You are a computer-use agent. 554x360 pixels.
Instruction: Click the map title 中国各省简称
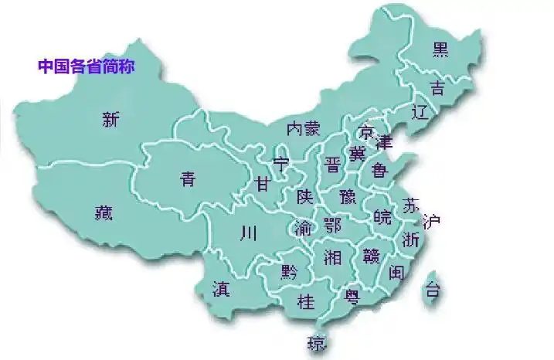point(87,66)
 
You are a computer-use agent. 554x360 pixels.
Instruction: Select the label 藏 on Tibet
point(104,210)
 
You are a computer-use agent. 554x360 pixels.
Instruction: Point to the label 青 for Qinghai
point(188,179)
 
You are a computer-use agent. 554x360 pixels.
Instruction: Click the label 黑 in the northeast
point(440,50)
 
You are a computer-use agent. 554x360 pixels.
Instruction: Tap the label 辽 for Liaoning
point(420,112)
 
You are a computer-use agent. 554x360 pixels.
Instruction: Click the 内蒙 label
point(303,128)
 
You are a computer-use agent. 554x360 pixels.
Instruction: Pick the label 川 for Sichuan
point(249,232)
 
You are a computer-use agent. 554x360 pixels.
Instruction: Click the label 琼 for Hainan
point(315,342)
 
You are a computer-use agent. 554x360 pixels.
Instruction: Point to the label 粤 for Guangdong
point(352,296)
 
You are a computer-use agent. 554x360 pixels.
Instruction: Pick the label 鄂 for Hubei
point(332,226)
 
